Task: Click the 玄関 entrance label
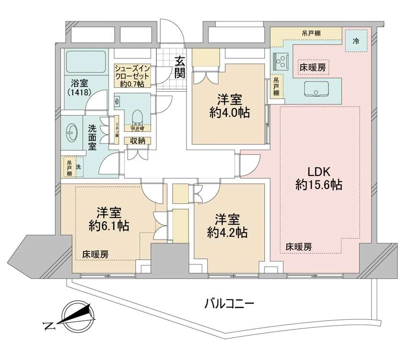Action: (x=180, y=67)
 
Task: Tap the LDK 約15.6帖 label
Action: (x=318, y=179)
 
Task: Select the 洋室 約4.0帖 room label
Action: (x=229, y=106)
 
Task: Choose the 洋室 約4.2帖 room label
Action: (x=227, y=226)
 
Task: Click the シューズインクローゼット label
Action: (x=132, y=76)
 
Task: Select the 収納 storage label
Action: (x=138, y=141)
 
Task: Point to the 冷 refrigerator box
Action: (x=356, y=41)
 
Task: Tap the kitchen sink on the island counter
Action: (x=315, y=89)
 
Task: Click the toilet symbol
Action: (x=137, y=117)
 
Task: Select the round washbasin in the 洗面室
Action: (x=72, y=133)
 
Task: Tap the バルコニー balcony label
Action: (x=229, y=303)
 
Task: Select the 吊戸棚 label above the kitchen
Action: (x=311, y=33)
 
